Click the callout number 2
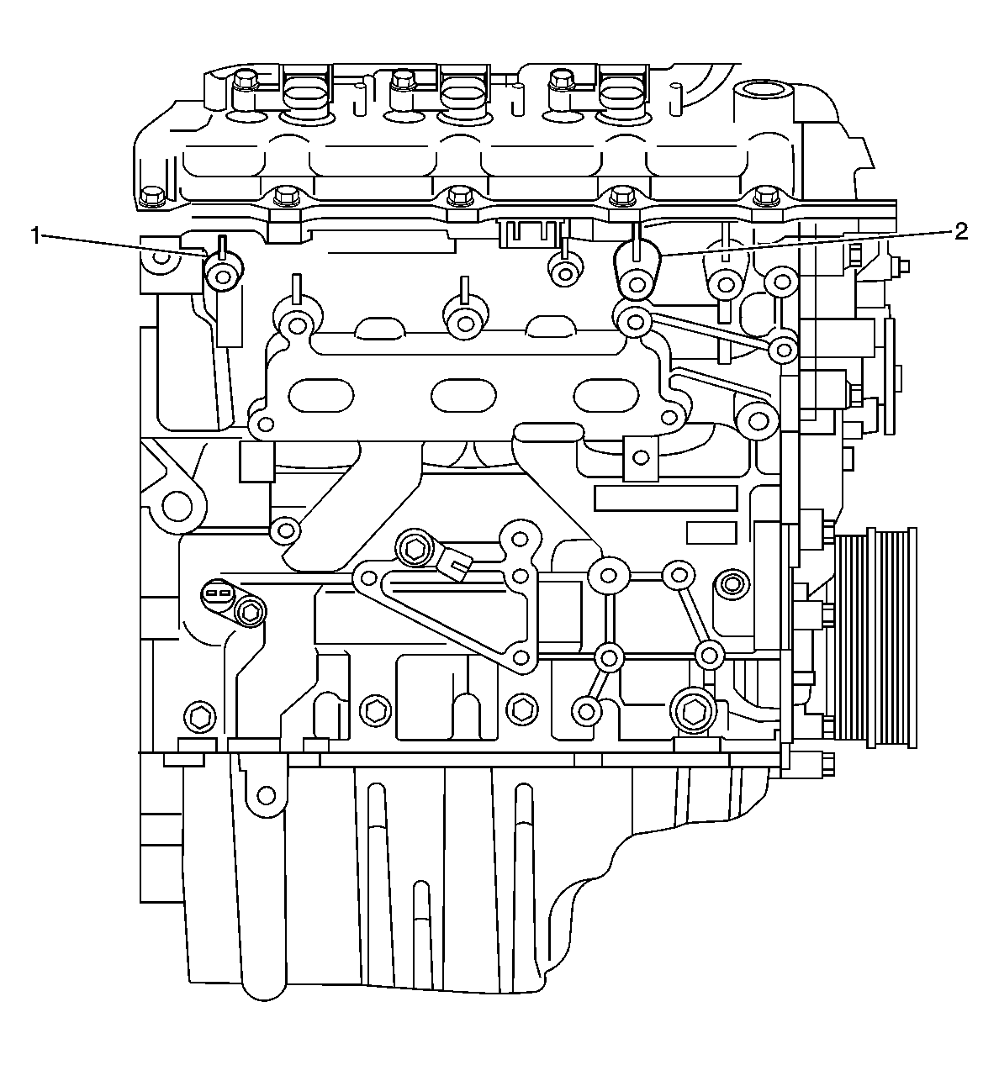(960, 233)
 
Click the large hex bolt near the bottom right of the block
(694, 712)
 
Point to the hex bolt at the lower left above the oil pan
(199, 717)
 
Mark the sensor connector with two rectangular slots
(216, 594)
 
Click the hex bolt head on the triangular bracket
(414, 549)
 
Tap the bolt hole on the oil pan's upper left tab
(266, 794)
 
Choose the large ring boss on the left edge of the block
(178, 505)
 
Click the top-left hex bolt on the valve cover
(245, 81)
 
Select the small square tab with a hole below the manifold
(641, 458)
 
